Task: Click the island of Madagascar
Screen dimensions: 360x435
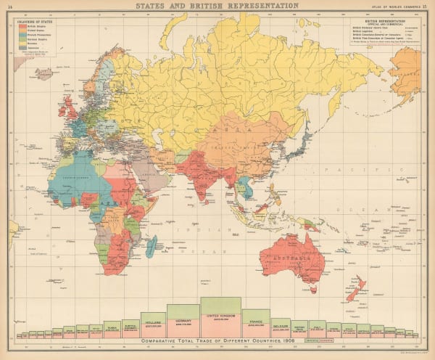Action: [x=149, y=247]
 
